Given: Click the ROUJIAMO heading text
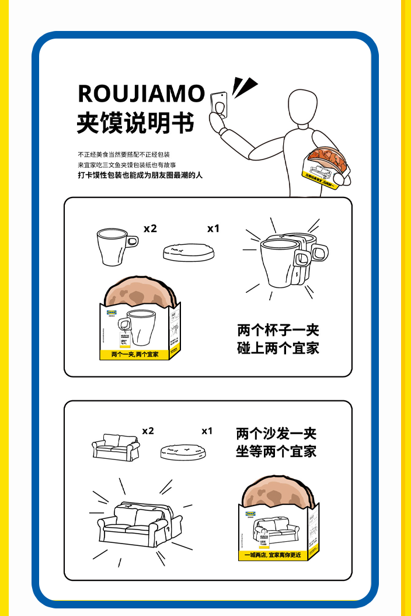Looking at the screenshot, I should point(141,94).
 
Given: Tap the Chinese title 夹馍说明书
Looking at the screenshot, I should point(135,123).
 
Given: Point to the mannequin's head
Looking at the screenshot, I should point(303,106).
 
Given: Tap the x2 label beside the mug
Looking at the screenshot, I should point(150,229).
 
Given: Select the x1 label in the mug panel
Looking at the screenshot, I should point(213,229).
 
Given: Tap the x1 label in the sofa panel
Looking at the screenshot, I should point(207,431).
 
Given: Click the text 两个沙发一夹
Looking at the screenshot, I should point(276,434).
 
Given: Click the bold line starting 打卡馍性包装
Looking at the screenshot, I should point(140,175).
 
